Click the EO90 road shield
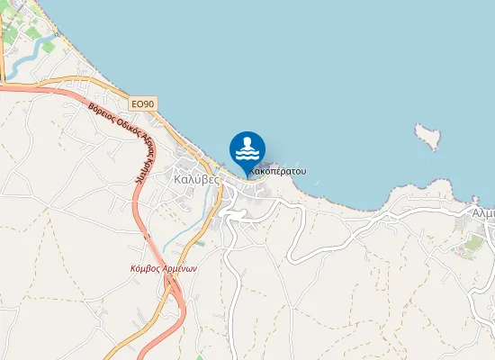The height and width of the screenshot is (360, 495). pyautogui.click(x=143, y=104)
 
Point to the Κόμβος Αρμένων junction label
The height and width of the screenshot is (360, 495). pyautogui.click(x=164, y=268)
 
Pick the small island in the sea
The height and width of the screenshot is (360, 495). pyautogui.click(x=429, y=137)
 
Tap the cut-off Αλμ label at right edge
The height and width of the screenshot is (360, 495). pyautogui.click(x=483, y=213)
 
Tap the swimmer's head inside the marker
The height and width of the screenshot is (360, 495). pyautogui.click(x=247, y=142)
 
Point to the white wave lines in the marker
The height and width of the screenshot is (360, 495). pyautogui.click(x=247, y=155)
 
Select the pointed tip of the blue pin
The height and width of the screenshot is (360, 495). pyautogui.click(x=247, y=175)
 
